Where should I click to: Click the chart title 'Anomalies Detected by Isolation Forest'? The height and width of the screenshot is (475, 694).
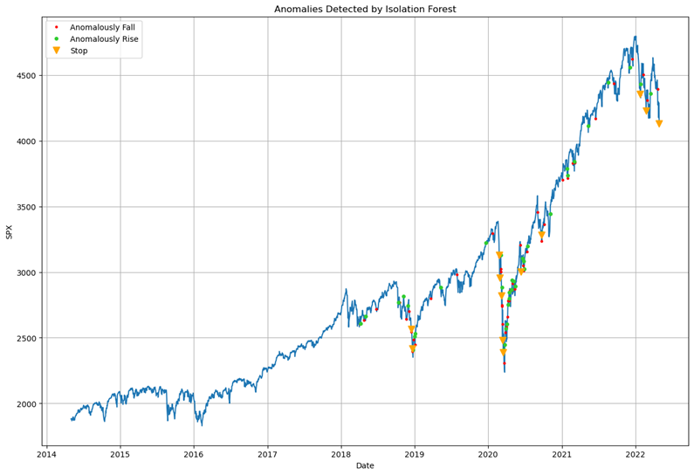click(365, 10)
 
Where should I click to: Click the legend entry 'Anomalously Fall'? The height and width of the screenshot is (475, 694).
click(102, 28)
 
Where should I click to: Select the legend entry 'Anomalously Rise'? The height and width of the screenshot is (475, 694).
click(103, 39)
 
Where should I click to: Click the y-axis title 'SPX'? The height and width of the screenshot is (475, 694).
click(10, 232)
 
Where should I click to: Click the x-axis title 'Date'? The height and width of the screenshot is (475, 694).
click(365, 466)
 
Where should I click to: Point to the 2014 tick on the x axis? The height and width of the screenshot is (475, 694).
click(46, 454)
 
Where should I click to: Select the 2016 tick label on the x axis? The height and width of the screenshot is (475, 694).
click(194, 454)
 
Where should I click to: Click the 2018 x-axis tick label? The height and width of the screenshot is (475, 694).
click(341, 454)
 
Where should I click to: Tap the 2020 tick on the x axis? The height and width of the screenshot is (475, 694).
click(488, 454)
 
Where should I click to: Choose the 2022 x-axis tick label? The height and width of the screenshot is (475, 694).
click(636, 454)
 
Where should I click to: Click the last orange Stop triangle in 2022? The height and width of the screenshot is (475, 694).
click(659, 124)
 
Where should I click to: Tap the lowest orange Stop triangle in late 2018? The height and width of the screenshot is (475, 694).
click(413, 349)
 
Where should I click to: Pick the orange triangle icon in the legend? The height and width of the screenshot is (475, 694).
click(57, 51)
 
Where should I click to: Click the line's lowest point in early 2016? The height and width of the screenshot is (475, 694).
click(202, 424)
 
